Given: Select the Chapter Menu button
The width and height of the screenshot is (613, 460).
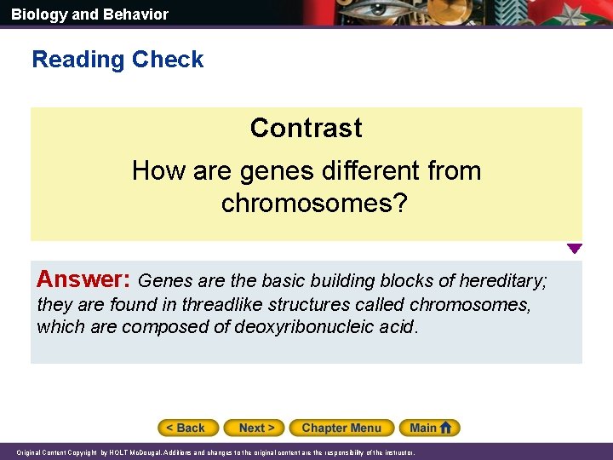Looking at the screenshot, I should [x=341, y=428].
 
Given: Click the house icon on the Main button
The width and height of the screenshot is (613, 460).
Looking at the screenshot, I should [x=449, y=428].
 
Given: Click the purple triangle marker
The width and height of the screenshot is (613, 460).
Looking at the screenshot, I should [x=575, y=249].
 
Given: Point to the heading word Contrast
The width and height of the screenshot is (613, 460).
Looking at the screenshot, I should [x=306, y=128].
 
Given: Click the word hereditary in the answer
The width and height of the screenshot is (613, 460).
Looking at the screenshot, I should [x=503, y=280].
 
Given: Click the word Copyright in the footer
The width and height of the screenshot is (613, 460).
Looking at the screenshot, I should [x=83, y=453].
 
